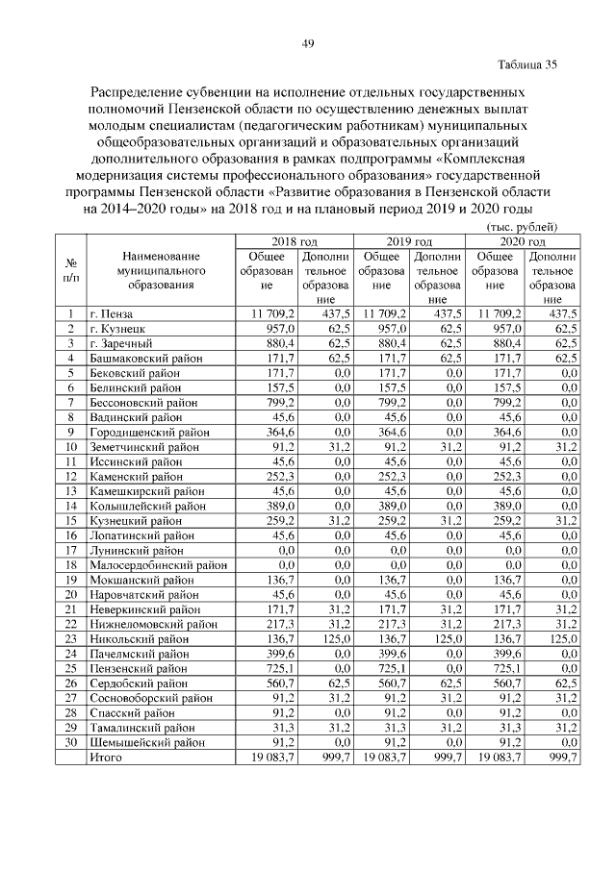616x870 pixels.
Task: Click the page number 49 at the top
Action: pyautogui.click(x=308, y=42)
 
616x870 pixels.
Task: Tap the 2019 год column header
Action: pyautogui.click(x=410, y=242)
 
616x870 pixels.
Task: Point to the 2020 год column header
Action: pyautogui.click(x=524, y=242)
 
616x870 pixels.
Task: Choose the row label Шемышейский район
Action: pyautogui.click(x=141, y=743)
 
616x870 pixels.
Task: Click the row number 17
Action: pyautogui.click(x=70, y=551)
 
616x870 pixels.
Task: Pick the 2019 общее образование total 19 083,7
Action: pyautogui.click(x=385, y=758)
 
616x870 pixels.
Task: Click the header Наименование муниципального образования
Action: pyautogui.click(x=161, y=270)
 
